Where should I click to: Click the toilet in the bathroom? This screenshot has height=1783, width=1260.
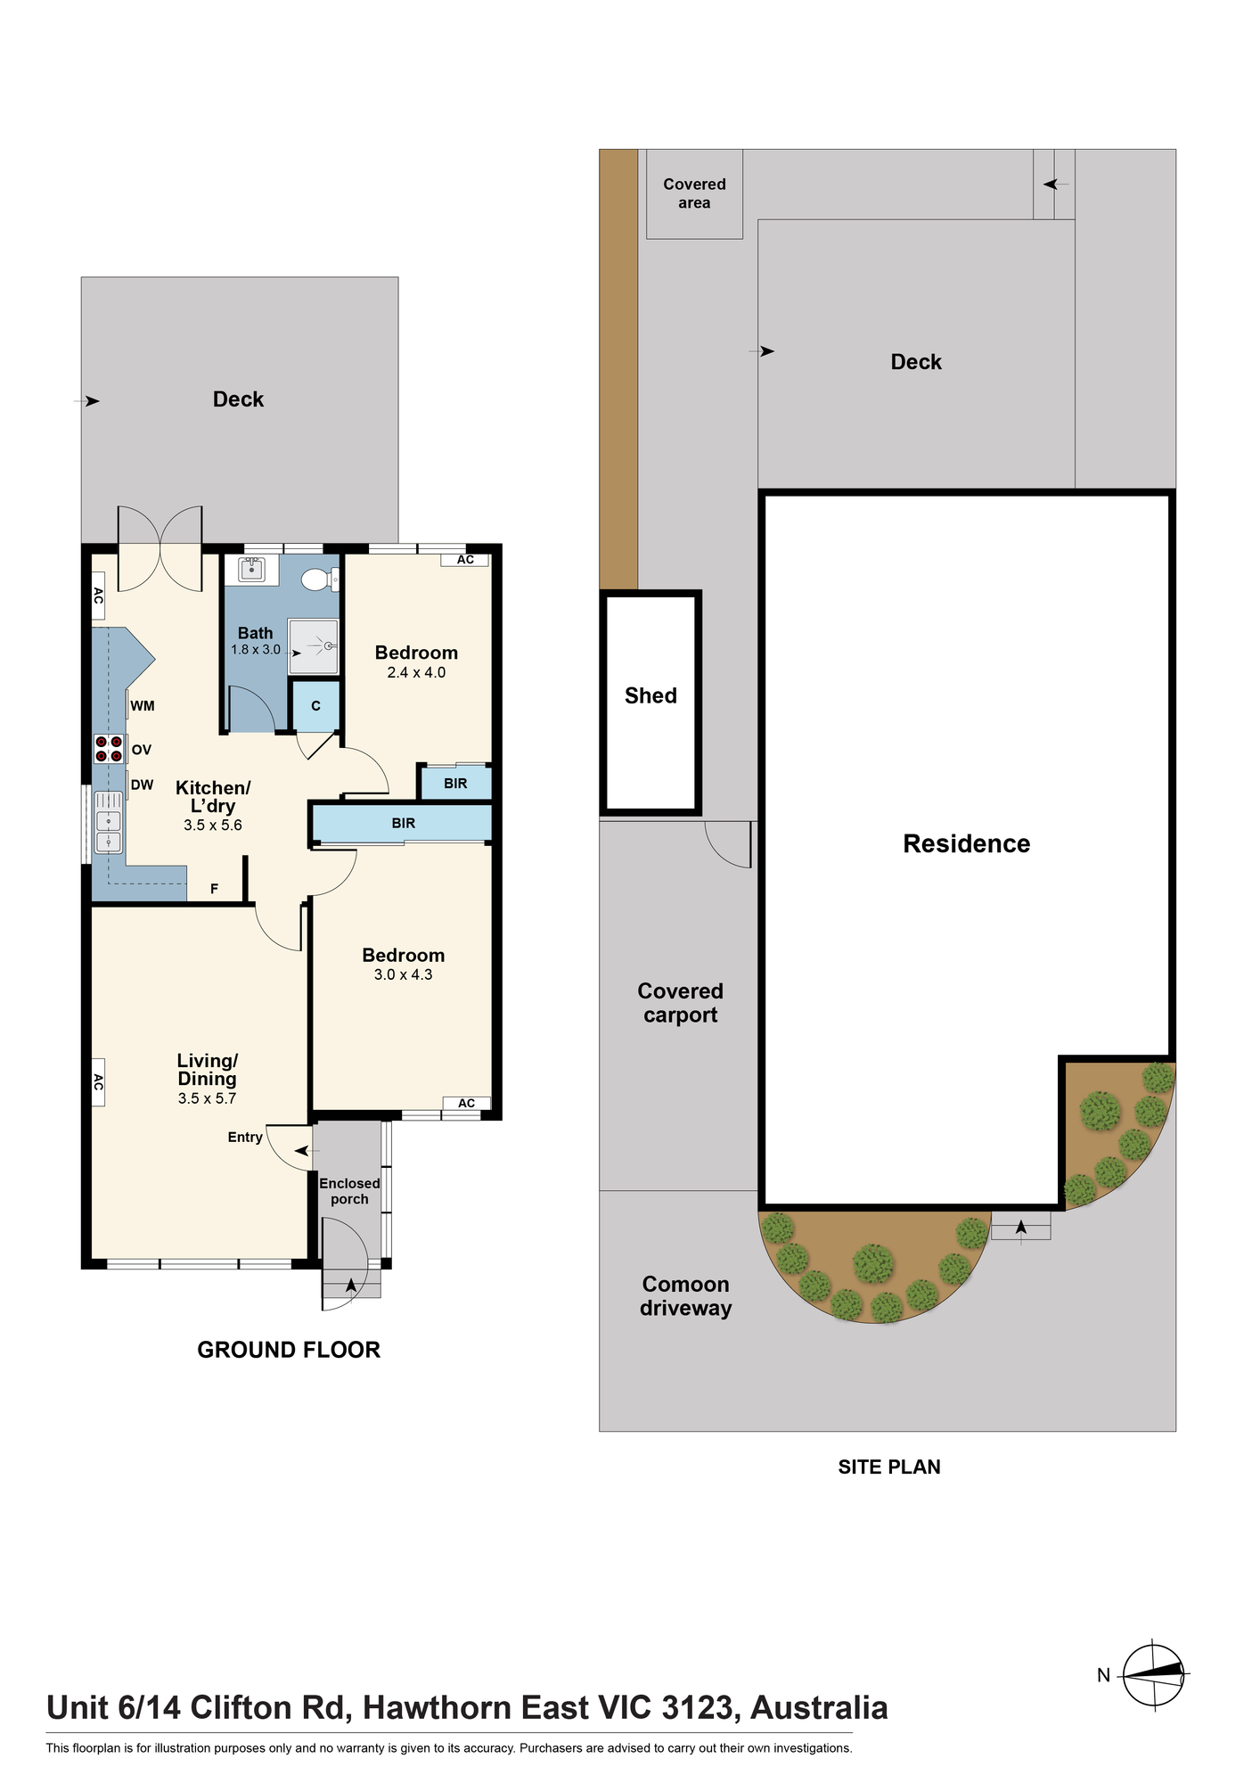coord(320,579)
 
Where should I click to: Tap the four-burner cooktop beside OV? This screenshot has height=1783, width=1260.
coord(109,749)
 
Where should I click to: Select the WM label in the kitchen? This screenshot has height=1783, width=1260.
coord(143,706)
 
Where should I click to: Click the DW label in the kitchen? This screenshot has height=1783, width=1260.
coord(143,785)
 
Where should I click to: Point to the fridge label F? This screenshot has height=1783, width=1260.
coord(214,889)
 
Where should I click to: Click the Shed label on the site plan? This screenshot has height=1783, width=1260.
coord(650,695)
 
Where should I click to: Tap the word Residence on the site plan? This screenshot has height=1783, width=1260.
coord(967,843)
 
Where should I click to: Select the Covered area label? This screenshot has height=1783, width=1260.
coord(694,193)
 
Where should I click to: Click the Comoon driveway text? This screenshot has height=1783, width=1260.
coord(685,1296)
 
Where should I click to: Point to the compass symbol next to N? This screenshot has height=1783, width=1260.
coord(1155,1675)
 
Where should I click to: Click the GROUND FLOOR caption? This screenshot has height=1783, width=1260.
coord(289,1350)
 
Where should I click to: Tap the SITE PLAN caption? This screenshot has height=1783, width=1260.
coord(889,1467)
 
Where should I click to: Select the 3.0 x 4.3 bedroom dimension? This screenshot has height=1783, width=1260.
coord(403,974)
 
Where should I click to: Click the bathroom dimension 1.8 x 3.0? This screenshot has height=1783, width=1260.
coord(256,650)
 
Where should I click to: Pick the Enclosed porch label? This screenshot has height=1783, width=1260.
coord(349,1191)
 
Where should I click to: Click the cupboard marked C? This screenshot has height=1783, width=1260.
coord(316,706)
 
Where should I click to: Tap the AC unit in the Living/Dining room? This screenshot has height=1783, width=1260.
coord(98,1082)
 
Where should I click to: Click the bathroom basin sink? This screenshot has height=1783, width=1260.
coord(252,568)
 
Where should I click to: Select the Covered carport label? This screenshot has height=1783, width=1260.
coord(680,1003)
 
